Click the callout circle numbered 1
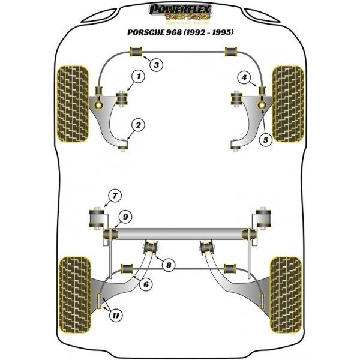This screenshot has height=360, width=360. tap(138, 76)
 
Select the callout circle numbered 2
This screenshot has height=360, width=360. tap(138, 125)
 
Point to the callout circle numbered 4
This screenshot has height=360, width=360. tap(244, 77)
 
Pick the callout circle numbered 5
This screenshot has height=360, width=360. tap(266, 139)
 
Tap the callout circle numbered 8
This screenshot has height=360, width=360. tap(169, 264)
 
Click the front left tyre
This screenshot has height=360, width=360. tap(73, 108)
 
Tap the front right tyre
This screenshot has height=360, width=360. tap(287, 108)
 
